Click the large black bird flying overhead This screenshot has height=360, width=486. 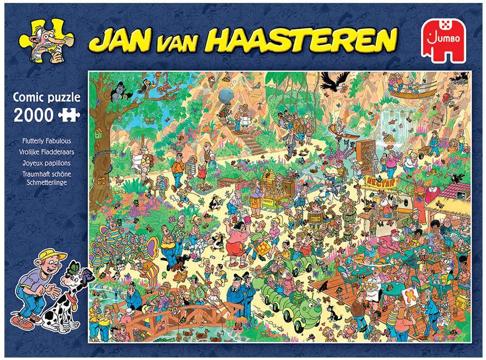click(x=335, y=80)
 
